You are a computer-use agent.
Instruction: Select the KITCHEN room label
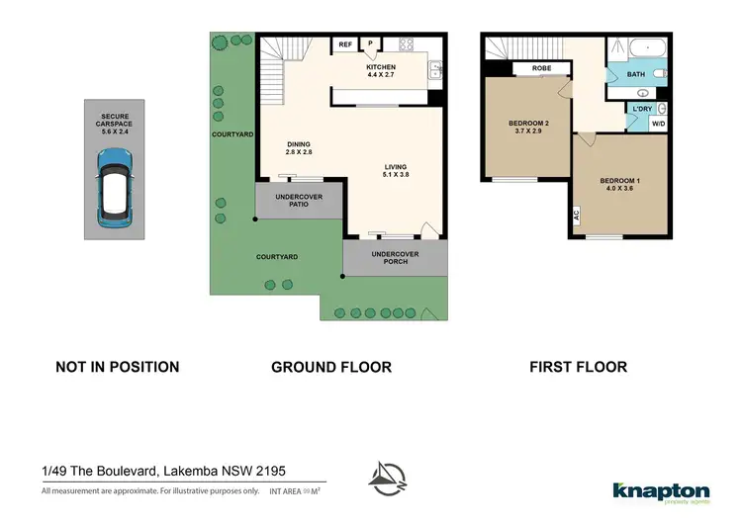381,68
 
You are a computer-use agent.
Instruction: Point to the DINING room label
299,147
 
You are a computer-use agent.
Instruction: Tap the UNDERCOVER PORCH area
395,259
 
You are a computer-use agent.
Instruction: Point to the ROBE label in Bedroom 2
541,69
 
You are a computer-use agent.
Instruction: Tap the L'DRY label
643,108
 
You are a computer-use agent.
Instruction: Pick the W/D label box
658,125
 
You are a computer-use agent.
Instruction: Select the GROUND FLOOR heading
331,367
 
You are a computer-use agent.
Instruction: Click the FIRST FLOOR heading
578,367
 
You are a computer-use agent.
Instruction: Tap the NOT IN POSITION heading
118,367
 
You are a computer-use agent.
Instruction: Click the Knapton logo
661,491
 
